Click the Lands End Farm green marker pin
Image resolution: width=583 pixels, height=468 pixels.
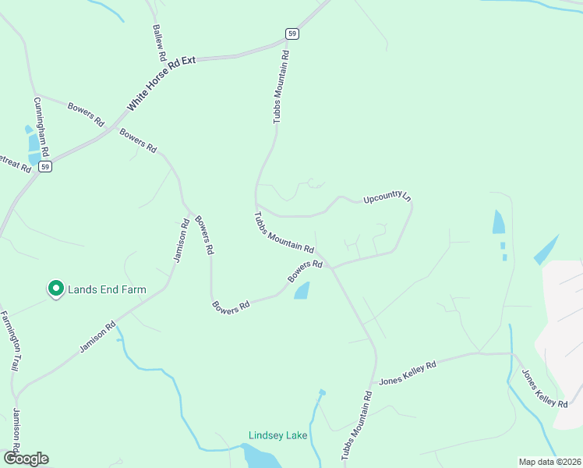[x=56, y=289]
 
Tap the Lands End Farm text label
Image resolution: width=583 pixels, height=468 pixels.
[x=107, y=289]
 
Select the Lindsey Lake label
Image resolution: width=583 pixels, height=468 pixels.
[x=277, y=435]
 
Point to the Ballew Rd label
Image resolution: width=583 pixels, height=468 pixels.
[x=158, y=43]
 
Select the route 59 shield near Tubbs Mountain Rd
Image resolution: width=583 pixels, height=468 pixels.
[x=291, y=34]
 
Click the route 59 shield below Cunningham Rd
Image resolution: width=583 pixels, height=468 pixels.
[x=46, y=167]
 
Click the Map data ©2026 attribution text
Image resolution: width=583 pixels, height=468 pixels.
[x=549, y=462]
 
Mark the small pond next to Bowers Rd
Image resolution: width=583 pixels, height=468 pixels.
[x=301, y=291]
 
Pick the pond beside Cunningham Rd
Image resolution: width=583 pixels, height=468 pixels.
[x=34, y=143]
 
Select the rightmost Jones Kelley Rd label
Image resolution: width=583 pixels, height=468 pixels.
[x=544, y=388]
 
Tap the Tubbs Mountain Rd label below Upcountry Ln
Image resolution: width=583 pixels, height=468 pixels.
[x=284, y=232]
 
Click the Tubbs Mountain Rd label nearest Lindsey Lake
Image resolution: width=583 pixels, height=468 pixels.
[x=357, y=426]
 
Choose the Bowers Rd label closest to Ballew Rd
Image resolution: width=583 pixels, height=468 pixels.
[x=86, y=114]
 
